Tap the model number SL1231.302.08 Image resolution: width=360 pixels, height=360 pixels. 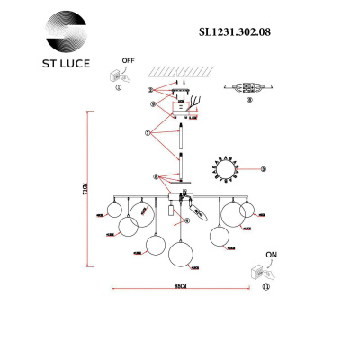(233, 29)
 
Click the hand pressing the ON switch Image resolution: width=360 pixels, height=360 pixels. (263, 268)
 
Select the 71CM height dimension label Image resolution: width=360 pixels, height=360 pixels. (85, 190)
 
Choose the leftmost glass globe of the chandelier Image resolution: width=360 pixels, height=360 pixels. (112, 210)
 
